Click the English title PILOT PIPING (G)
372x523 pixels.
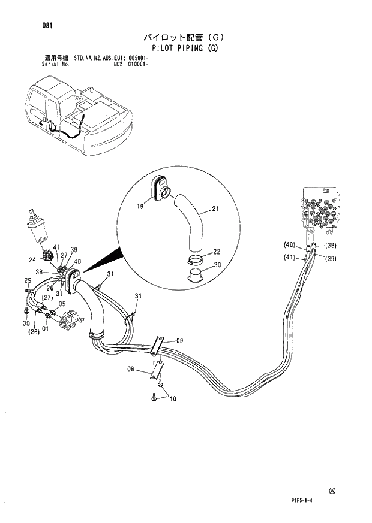pos(185,49)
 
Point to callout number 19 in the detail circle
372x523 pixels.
pos(140,205)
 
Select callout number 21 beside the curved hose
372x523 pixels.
pos(216,209)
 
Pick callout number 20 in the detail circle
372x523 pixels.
pos(217,265)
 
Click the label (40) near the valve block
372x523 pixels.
pos(291,244)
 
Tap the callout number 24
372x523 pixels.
pos(32,259)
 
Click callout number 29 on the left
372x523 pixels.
pos(28,280)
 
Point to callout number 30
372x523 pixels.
pos(27,324)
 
